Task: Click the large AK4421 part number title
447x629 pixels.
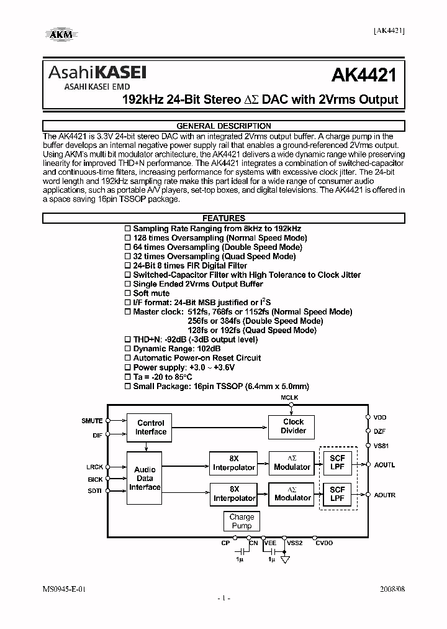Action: click(364, 76)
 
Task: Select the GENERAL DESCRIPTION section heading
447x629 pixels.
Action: click(223, 126)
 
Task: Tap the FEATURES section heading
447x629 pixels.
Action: click(223, 218)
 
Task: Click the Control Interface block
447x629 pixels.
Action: click(151, 427)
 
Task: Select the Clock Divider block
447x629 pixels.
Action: click(293, 426)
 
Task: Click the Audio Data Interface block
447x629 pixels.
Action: click(145, 479)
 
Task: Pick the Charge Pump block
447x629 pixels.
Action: click(242, 521)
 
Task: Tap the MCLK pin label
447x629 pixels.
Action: click(289, 397)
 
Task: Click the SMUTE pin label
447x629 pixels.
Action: click(92, 421)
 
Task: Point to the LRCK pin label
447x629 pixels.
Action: click(95, 466)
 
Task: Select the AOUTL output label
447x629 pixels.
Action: click(384, 465)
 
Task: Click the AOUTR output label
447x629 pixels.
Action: click(384, 495)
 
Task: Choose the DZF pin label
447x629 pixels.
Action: click(379, 431)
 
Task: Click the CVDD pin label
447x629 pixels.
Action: click(324, 543)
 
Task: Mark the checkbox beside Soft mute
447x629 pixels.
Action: click(128, 293)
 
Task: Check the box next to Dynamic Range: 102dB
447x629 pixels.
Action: click(128, 349)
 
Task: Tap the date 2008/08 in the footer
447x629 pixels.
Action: click(391, 587)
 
